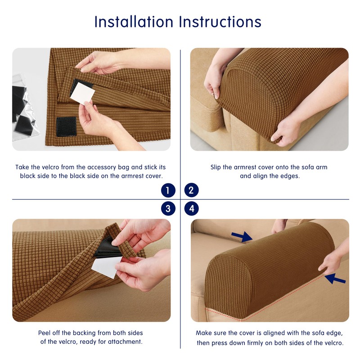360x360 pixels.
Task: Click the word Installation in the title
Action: click(x=134, y=22)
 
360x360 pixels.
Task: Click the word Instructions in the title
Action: click(x=220, y=22)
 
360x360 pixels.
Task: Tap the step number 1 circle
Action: click(x=168, y=190)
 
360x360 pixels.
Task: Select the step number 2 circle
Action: click(x=191, y=190)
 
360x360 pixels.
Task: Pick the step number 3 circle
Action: click(x=168, y=209)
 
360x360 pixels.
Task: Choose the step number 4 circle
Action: click(x=191, y=209)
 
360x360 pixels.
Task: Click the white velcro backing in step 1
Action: click(x=82, y=94)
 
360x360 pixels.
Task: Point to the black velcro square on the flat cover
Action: click(x=66, y=126)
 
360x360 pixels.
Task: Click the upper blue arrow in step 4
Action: click(x=242, y=237)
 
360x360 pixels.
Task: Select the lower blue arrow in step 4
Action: click(x=335, y=279)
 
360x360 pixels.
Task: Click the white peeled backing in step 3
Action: click(x=107, y=267)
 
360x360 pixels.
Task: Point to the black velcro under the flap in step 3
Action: click(x=106, y=248)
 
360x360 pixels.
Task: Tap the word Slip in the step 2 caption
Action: click(x=216, y=167)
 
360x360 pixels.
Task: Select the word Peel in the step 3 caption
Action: click(x=44, y=333)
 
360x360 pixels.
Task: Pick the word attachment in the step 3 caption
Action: click(x=125, y=342)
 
